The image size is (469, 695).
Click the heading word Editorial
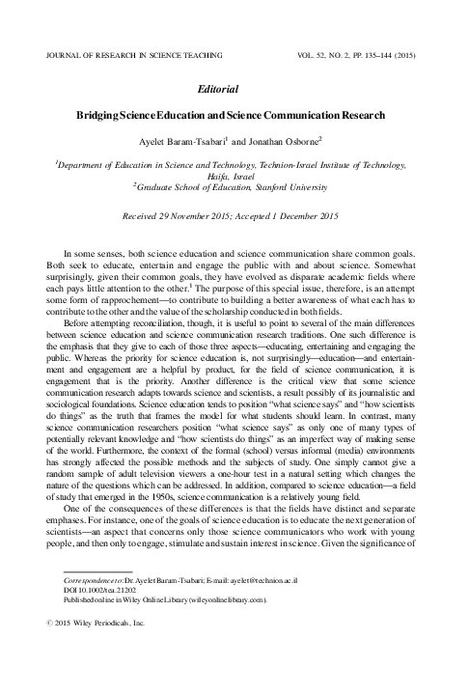pyautogui.click(x=234, y=87)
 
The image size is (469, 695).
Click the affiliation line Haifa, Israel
pyautogui.click(x=234, y=179)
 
